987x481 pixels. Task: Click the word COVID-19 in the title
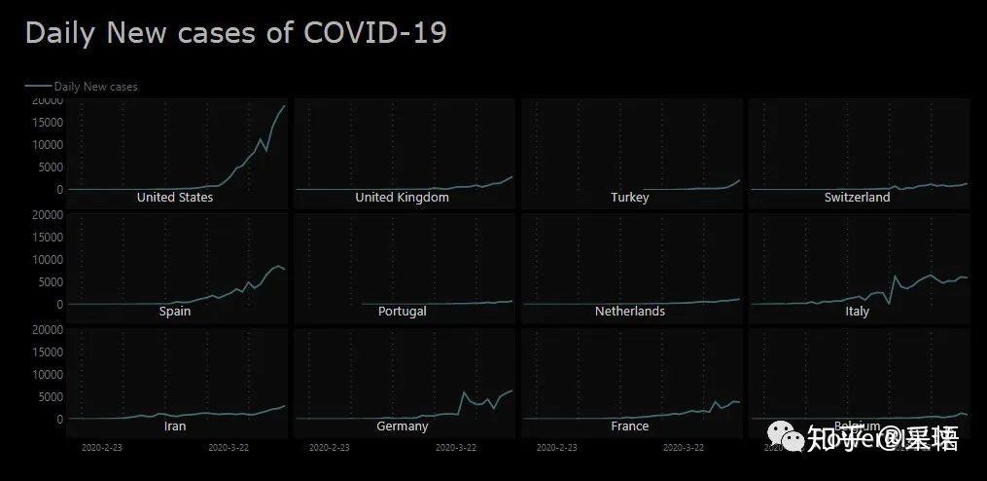click(374, 32)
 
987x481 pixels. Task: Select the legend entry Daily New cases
click(95, 87)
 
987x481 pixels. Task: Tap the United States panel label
click(175, 198)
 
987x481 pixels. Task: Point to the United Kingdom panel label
click(402, 198)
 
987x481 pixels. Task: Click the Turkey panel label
click(629, 198)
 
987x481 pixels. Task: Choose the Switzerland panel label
click(857, 198)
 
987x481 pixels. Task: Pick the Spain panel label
click(175, 312)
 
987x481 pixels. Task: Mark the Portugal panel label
click(402, 312)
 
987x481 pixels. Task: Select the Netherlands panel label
click(629, 312)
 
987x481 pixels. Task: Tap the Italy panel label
click(857, 312)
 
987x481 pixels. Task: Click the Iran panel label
click(175, 426)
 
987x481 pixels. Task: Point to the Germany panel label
click(402, 426)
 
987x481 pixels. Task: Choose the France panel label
click(629, 426)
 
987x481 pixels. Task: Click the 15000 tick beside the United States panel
click(47, 122)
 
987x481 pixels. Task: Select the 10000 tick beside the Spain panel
click(47, 259)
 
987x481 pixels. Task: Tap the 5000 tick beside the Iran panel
click(50, 396)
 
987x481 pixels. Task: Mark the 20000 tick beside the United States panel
click(47, 99)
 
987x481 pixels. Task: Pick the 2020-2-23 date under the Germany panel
click(331, 448)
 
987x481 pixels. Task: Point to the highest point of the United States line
click(284, 105)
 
